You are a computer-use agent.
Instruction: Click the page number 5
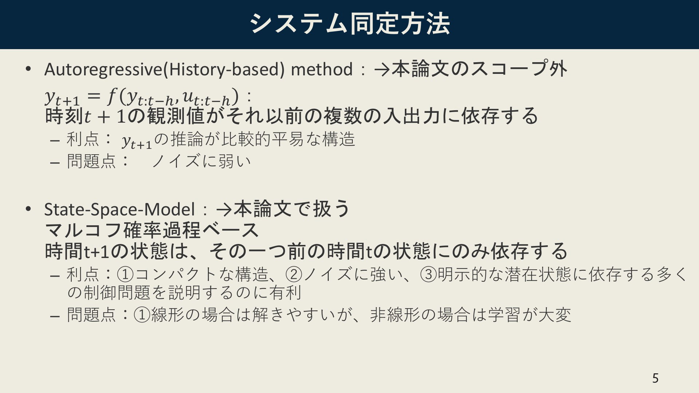(x=655, y=378)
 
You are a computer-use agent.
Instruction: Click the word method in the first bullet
(x=322, y=69)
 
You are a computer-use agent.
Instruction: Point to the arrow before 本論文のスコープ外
(x=382, y=70)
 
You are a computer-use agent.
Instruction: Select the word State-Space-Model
(x=119, y=209)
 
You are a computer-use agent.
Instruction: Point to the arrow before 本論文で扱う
(x=224, y=210)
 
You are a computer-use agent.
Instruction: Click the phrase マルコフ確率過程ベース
(x=151, y=230)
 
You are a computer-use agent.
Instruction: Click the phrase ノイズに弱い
(x=201, y=161)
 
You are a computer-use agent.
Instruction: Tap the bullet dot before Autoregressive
(x=28, y=70)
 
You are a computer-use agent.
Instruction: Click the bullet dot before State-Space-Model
(x=28, y=209)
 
